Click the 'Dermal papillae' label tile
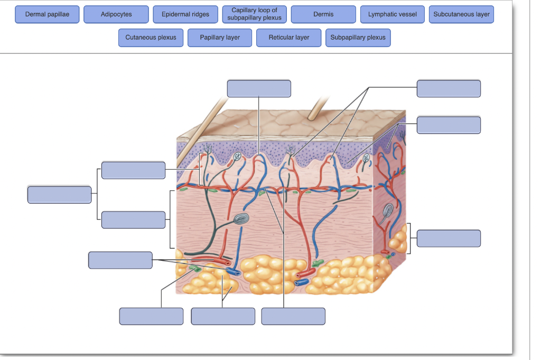tap(47, 14)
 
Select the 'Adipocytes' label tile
tap(116, 14)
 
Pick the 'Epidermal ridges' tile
tap(185, 14)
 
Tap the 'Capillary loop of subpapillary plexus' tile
tap(254, 14)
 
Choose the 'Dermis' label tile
tap(323, 14)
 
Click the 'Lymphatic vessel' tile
tap(392, 14)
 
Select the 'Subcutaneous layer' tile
tap(461, 14)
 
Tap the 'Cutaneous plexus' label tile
tap(151, 38)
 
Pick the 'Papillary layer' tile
tap(220, 38)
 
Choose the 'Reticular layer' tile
tap(288, 38)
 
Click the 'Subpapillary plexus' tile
tap(358, 38)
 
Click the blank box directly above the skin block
tap(259, 89)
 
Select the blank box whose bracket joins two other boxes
tap(60, 195)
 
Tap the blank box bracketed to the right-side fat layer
tap(449, 238)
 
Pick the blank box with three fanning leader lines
tap(449, 89)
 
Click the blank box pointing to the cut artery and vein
tap(120, 260)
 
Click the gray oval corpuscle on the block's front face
tap(240, 219)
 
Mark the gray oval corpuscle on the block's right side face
tap(388, 210)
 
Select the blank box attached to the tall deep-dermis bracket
tap(134, 219)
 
